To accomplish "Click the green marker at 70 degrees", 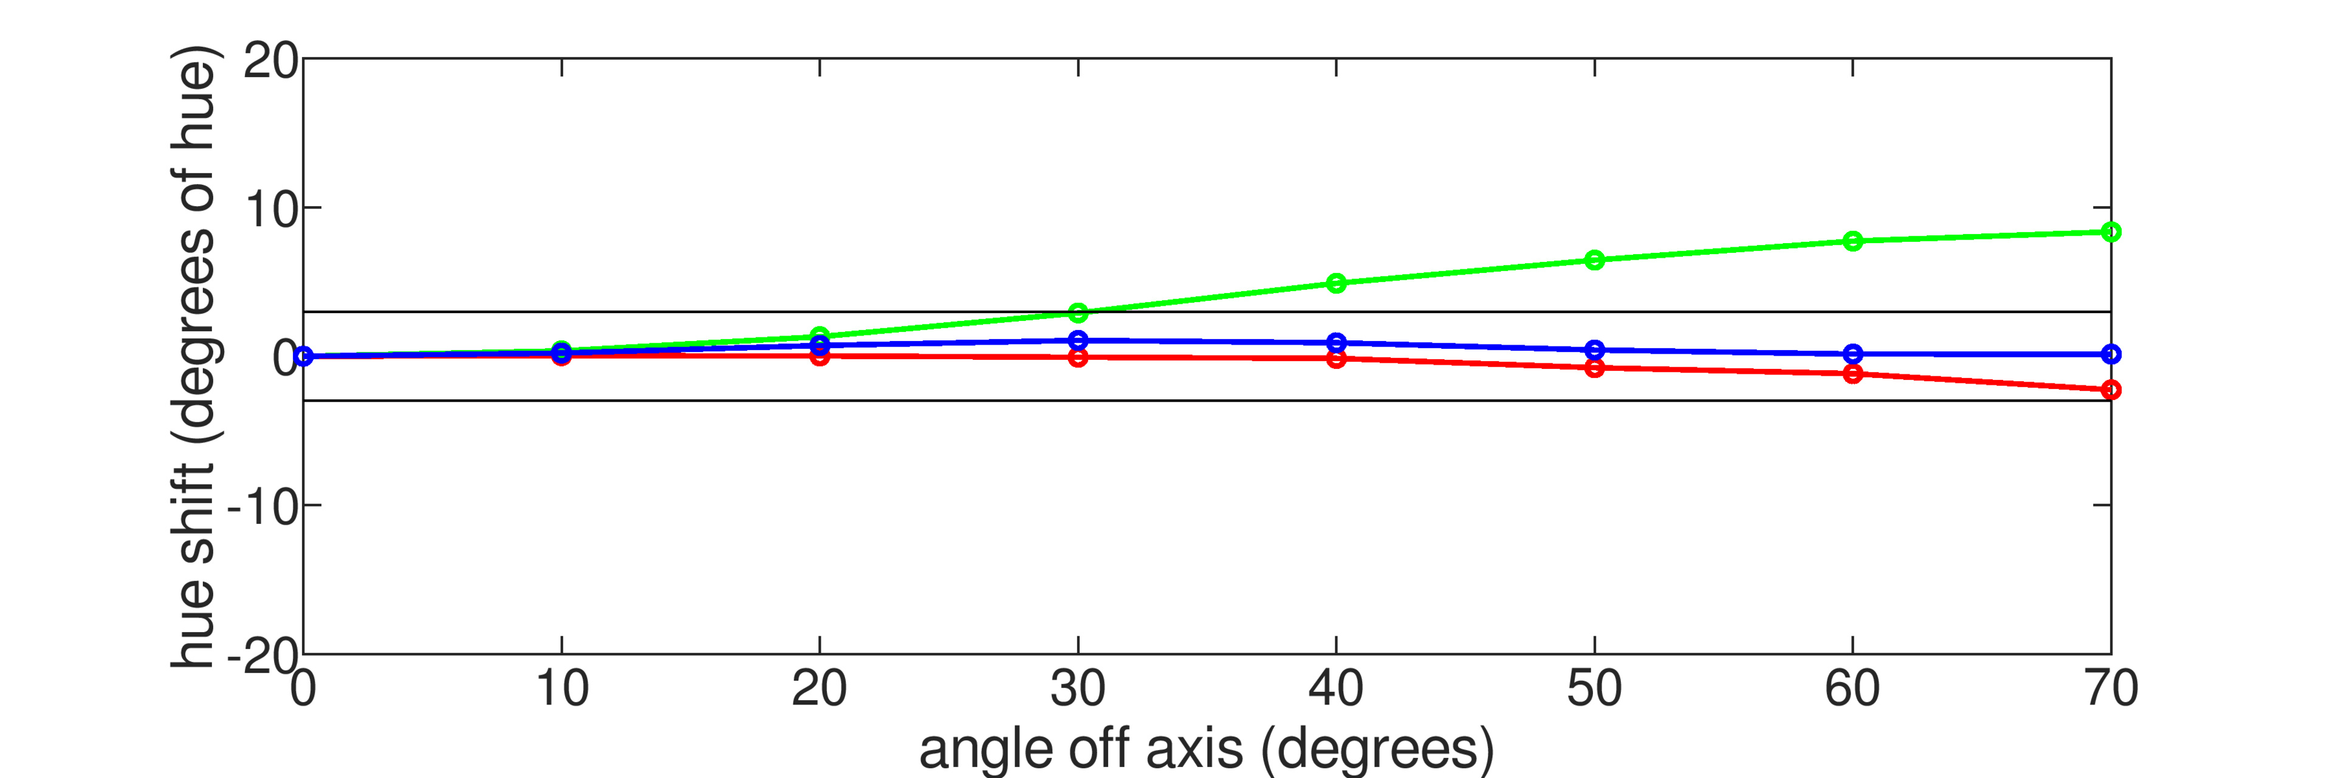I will point(2110,232).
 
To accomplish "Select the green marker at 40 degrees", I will point(1336,283).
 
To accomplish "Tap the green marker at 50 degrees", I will point(1594,261).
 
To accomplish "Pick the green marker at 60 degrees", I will point(1852,241).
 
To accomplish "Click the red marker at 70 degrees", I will point(2110,390).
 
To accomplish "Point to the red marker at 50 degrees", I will point(1594,368).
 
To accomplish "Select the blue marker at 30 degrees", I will point(1078,340).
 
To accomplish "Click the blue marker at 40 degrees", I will point(1336,342).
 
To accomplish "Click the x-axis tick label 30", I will point(1078,688).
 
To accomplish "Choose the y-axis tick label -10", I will point(262,507).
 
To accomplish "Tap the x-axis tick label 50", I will point(1594,688).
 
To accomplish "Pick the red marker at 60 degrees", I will point(1852,373).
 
